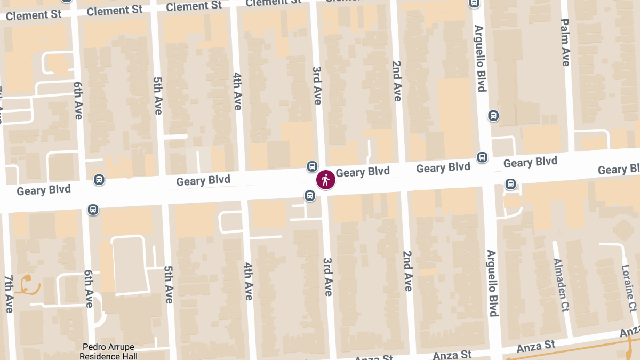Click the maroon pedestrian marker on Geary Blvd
[x=326, y=180]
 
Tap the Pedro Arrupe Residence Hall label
[x=109, y=352]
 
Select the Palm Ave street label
[x=565, y=43]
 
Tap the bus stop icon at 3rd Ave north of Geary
[x=313, y=166]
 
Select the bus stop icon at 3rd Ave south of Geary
[x=309, y=196]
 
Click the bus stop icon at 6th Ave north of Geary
[x=99, y=180]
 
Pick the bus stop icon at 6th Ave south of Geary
[x=93, y=210]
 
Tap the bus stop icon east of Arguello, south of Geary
[x=510, y=185]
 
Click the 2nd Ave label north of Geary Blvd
[x=396, y=81]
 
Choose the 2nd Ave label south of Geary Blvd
[x=407, y=271]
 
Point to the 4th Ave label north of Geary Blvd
[x=237, y=91]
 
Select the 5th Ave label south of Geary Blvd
[x=169, y=284]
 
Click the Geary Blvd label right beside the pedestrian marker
[x=363, y=172]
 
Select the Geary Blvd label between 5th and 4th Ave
[x=203, y=180]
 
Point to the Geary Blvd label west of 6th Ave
[x=44, y=190]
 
